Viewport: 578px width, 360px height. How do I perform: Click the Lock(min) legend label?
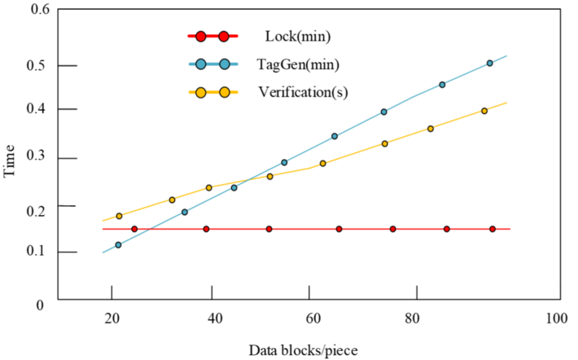[297, 37]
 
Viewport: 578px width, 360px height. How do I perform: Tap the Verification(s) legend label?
[303, 91]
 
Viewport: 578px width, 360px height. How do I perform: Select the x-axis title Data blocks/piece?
[304, 349]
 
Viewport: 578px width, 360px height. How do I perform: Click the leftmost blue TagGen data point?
[118, 244]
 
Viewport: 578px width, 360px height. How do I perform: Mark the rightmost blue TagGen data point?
[490, 63]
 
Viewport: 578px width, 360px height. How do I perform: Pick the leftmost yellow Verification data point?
[119, 216]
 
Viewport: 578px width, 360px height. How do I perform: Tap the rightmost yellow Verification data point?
[484, 111]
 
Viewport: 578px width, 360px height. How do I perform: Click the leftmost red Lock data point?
[134, 229]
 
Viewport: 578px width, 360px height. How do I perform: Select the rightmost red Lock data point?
[493, 229]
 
